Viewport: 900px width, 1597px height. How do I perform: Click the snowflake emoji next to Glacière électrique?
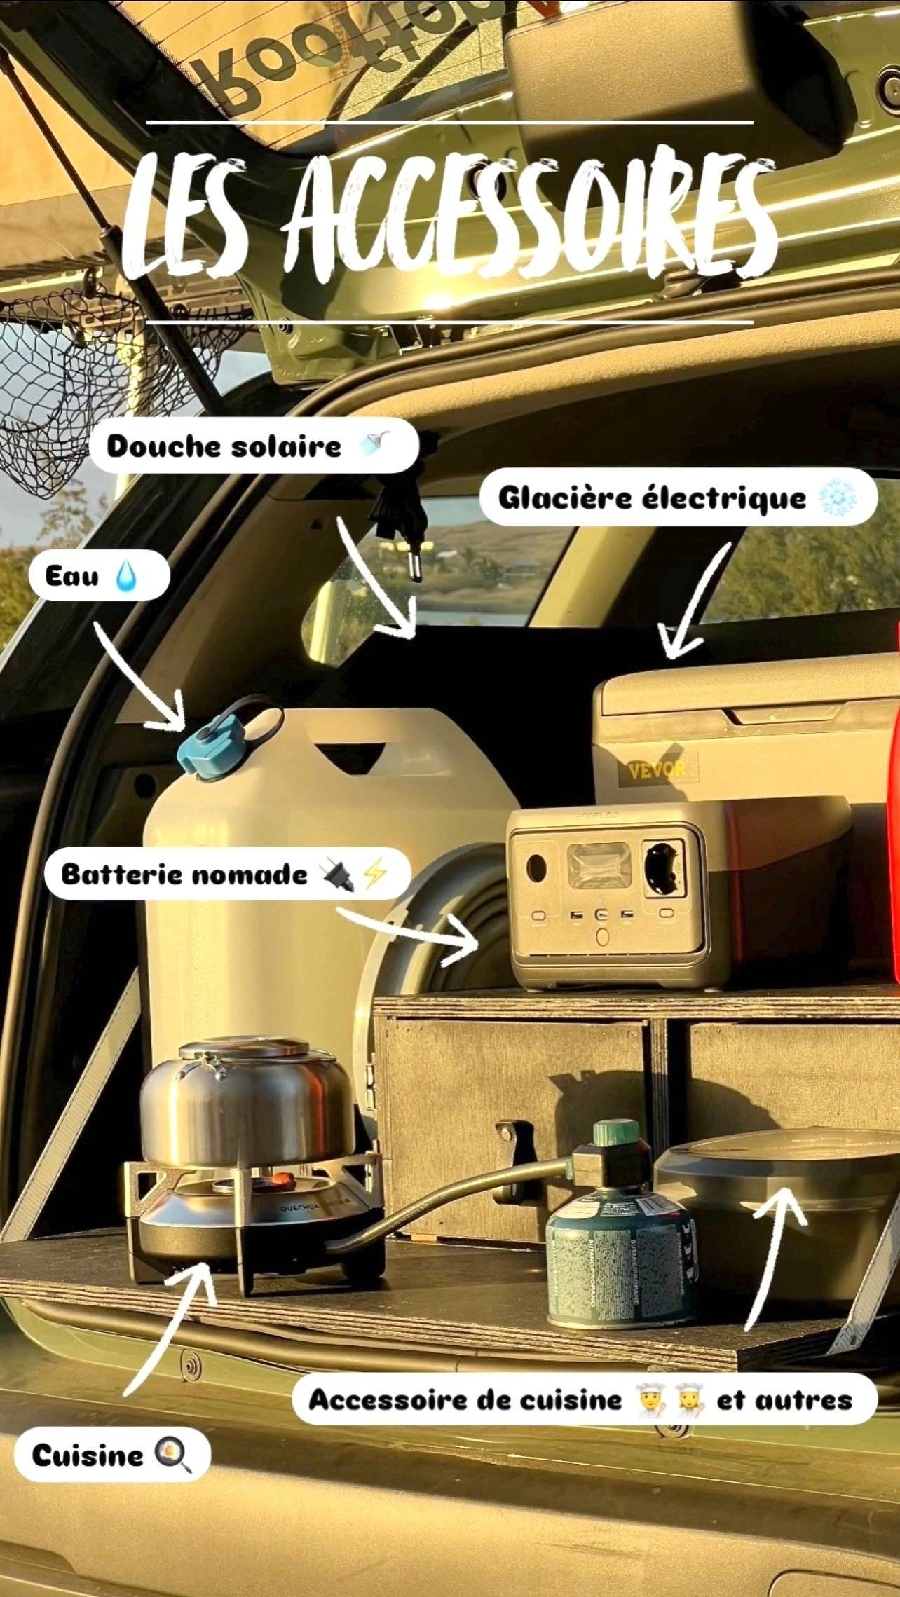pos(837,499)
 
